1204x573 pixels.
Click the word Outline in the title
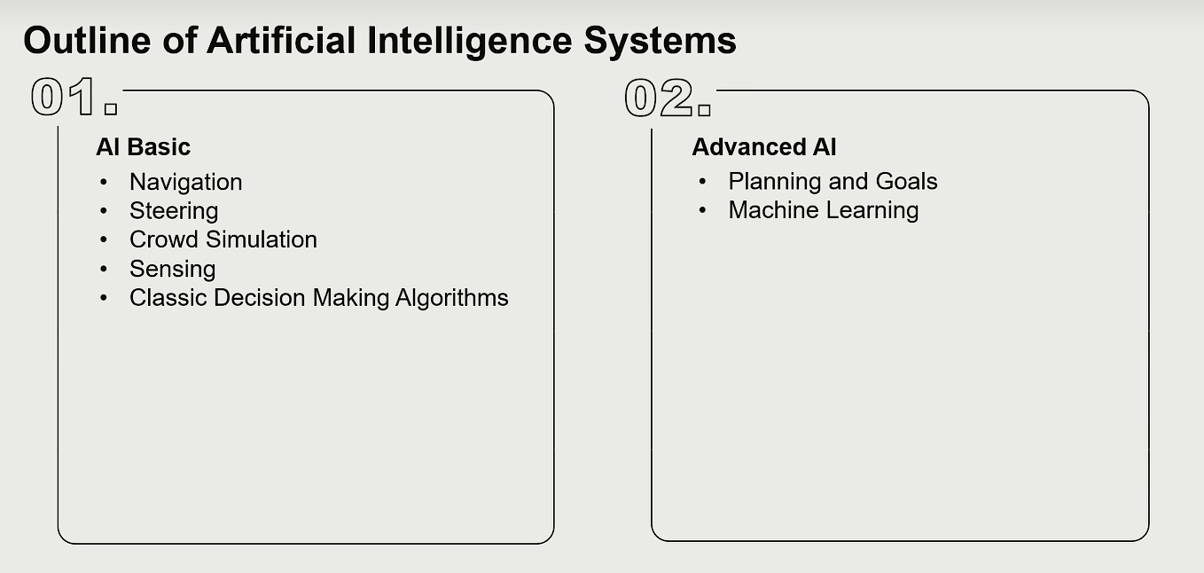[x=87, y=40]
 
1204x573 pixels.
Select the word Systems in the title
[x=660, y=43]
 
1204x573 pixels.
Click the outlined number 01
[x=64, y=97]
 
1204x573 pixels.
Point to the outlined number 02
[x=659, y=98]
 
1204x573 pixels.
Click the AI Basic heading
[x=143, y=146]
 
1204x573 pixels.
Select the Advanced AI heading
[x=763, y=146]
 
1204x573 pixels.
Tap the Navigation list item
[x=186, y=183]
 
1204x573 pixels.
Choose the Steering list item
[x=174, y=211]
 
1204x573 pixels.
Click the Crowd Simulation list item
[x=223, y=239]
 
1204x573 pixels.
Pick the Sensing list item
[x=173, y=270]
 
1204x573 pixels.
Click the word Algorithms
[x=451, y=298]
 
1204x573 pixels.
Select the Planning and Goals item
[x=833, y=182]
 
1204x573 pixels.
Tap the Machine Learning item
[x=824, y=211]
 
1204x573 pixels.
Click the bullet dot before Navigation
[x=104, y=182]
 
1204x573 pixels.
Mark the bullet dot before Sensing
[x=104, y=268]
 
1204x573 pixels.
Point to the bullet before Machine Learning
[x=702, y=210]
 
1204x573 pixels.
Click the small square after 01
[x=111, y=109]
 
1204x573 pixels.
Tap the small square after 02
[x=704, y=110]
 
